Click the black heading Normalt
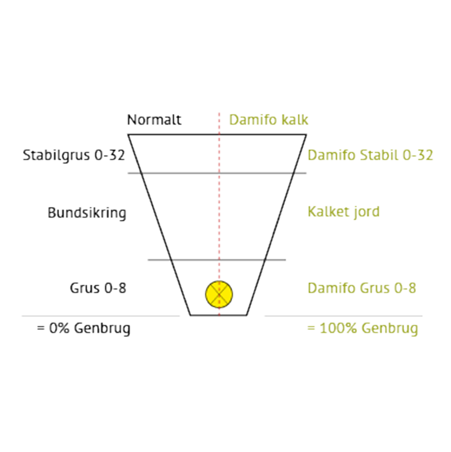pyautogui.click(x=154, y=119)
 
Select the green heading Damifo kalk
pyautogui.click(x=268, y=119)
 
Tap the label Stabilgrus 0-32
pyautogui.click(x=74, y=156)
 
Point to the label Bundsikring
pyautogui.click(x=87, y=213)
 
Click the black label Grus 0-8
pyautogui.click(x=98, y=288)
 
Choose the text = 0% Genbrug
pyautogui.click(x=83, y=329)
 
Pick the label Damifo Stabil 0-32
pyautogui.click(x=370, y=155)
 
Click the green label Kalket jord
pyautogui.click(x=343, y=212)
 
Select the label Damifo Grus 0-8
pyautogui.click(x=362, y=288)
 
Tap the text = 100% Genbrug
pyautogui.click(x=362, y=329)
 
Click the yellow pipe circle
pyautogui.click(x=219, y=294)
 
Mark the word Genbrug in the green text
pyautogui.click(x=390, y=329)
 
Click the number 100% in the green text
pyautogui.click(x=339, y=329)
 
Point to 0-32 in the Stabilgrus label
pyautogui.click(x=110, y=155)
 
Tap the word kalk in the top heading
pyautogui.click(x=295, y=119)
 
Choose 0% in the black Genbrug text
pyautogui.click(x=59, y=329)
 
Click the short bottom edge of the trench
pyautogui.click(x=219, y=315)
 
